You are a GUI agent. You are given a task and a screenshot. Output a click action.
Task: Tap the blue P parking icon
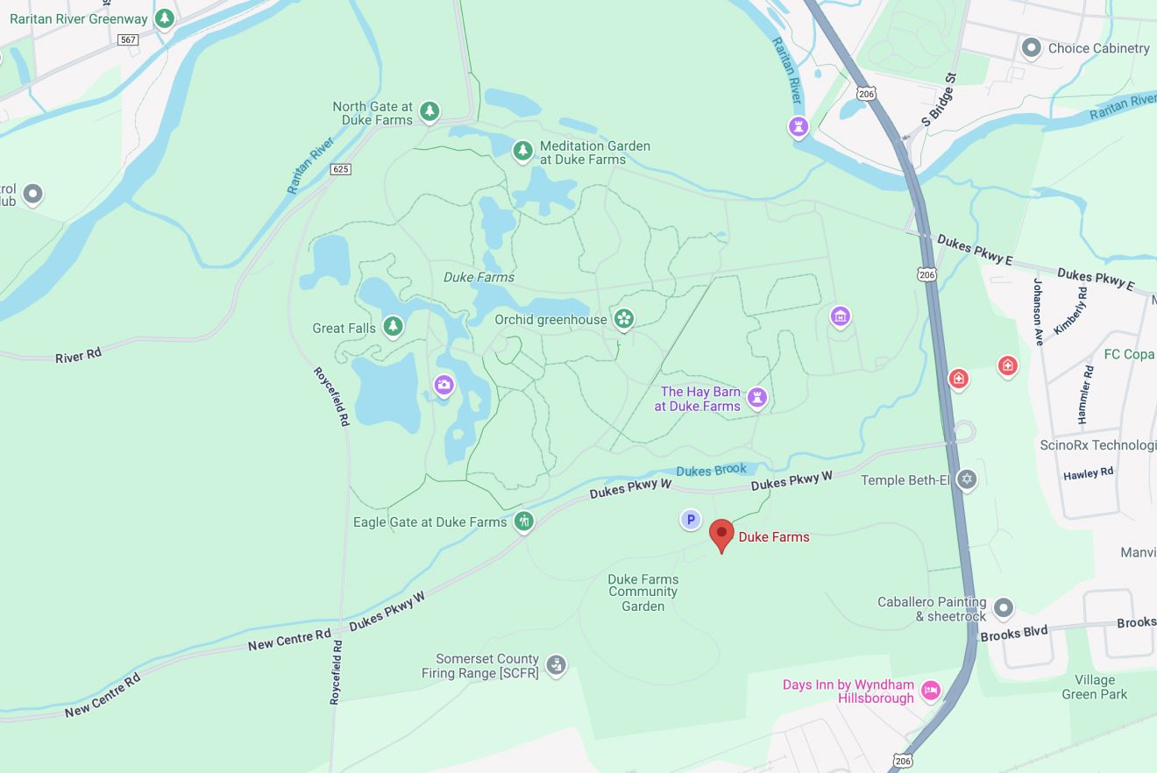691,521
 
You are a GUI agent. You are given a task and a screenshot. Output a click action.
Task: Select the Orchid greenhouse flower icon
623,318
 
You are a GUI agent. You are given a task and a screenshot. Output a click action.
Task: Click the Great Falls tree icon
393,327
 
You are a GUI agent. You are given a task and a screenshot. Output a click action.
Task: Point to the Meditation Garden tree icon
522,151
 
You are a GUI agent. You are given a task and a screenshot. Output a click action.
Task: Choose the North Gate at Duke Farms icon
429,110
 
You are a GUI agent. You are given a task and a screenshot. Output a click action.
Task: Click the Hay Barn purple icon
757,397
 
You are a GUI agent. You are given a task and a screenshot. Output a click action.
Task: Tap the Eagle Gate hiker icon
523,521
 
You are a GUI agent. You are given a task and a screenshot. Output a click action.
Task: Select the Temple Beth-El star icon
967,479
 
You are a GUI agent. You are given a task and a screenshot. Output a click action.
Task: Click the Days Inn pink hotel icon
931,690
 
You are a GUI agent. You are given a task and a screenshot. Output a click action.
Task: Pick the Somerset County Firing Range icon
556,664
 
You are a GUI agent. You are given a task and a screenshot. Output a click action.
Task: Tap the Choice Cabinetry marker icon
1032,47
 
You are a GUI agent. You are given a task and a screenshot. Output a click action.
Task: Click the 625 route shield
341,168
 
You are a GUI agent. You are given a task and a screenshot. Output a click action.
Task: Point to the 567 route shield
129,39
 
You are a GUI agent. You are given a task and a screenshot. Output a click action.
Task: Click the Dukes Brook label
712,470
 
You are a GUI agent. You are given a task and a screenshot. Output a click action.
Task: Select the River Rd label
78,355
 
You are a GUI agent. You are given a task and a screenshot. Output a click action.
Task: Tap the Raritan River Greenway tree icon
164,18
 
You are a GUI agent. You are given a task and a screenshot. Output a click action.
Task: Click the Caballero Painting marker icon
1004,606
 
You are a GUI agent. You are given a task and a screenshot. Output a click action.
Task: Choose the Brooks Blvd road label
1014,633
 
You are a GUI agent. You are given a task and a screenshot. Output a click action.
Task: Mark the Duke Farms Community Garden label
643,592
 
